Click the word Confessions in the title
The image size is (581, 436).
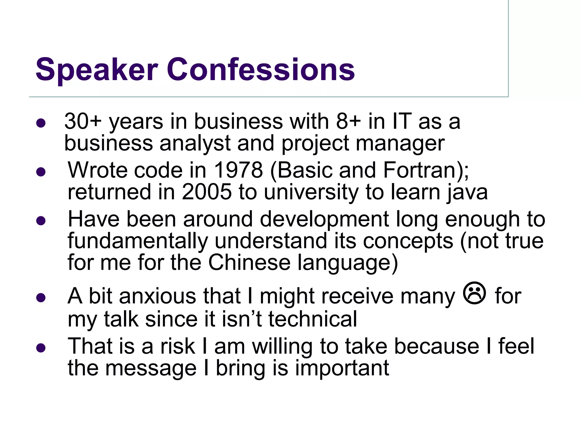[x=260, y=70]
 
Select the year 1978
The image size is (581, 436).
[x=238, y=170]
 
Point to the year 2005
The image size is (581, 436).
[x=207, y=192]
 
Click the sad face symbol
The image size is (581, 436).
[x=475, y=294]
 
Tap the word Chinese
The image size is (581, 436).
[x=249, y=262]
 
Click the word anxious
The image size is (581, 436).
[x=158, y=296]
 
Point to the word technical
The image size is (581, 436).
[x=312, y=319]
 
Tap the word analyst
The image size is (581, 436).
[x=195, y=143]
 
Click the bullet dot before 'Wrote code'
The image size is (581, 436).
[x=41, y=172]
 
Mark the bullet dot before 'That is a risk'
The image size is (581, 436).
[x=41, y=348]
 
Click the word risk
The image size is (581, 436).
[x=178, y=346]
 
